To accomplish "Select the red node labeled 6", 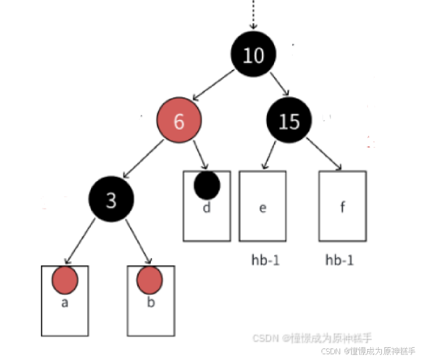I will (179, 122).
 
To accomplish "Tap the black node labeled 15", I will (289, 121).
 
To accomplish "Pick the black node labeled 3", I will (111, 201).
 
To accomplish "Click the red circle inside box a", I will (65, 280).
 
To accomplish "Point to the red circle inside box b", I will (150, 280).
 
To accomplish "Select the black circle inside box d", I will (207, 185).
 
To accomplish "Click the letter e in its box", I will (262, 208).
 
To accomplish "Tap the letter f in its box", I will (342, 208).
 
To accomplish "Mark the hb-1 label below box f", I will (339, 260).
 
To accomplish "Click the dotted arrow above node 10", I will (253, 15).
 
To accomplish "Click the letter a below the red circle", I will (65, 303).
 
